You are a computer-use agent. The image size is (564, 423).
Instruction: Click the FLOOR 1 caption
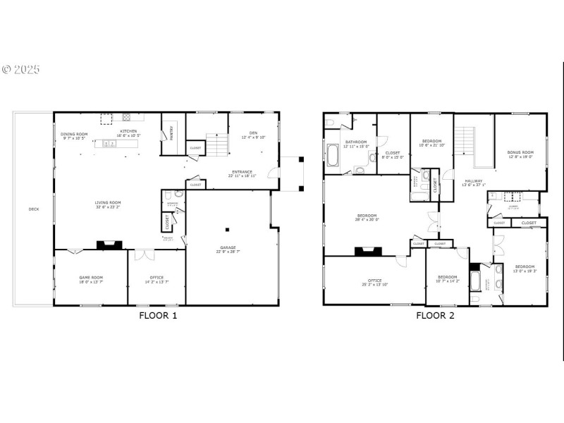pos(159,315)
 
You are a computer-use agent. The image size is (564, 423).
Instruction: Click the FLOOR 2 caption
pos(435,315)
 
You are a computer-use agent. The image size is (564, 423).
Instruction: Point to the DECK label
pos(34,209)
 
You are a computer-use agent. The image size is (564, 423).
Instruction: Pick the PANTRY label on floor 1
pos(171,133)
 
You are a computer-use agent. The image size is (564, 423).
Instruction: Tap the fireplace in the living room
pos(109,245)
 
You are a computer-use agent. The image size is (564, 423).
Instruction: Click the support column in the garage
pos(227,229)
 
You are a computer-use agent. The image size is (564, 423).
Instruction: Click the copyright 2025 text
pos(21,70)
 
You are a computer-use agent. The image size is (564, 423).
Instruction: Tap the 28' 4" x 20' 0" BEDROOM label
pos(367,217)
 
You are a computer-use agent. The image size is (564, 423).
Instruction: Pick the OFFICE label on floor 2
pos(374,281)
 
